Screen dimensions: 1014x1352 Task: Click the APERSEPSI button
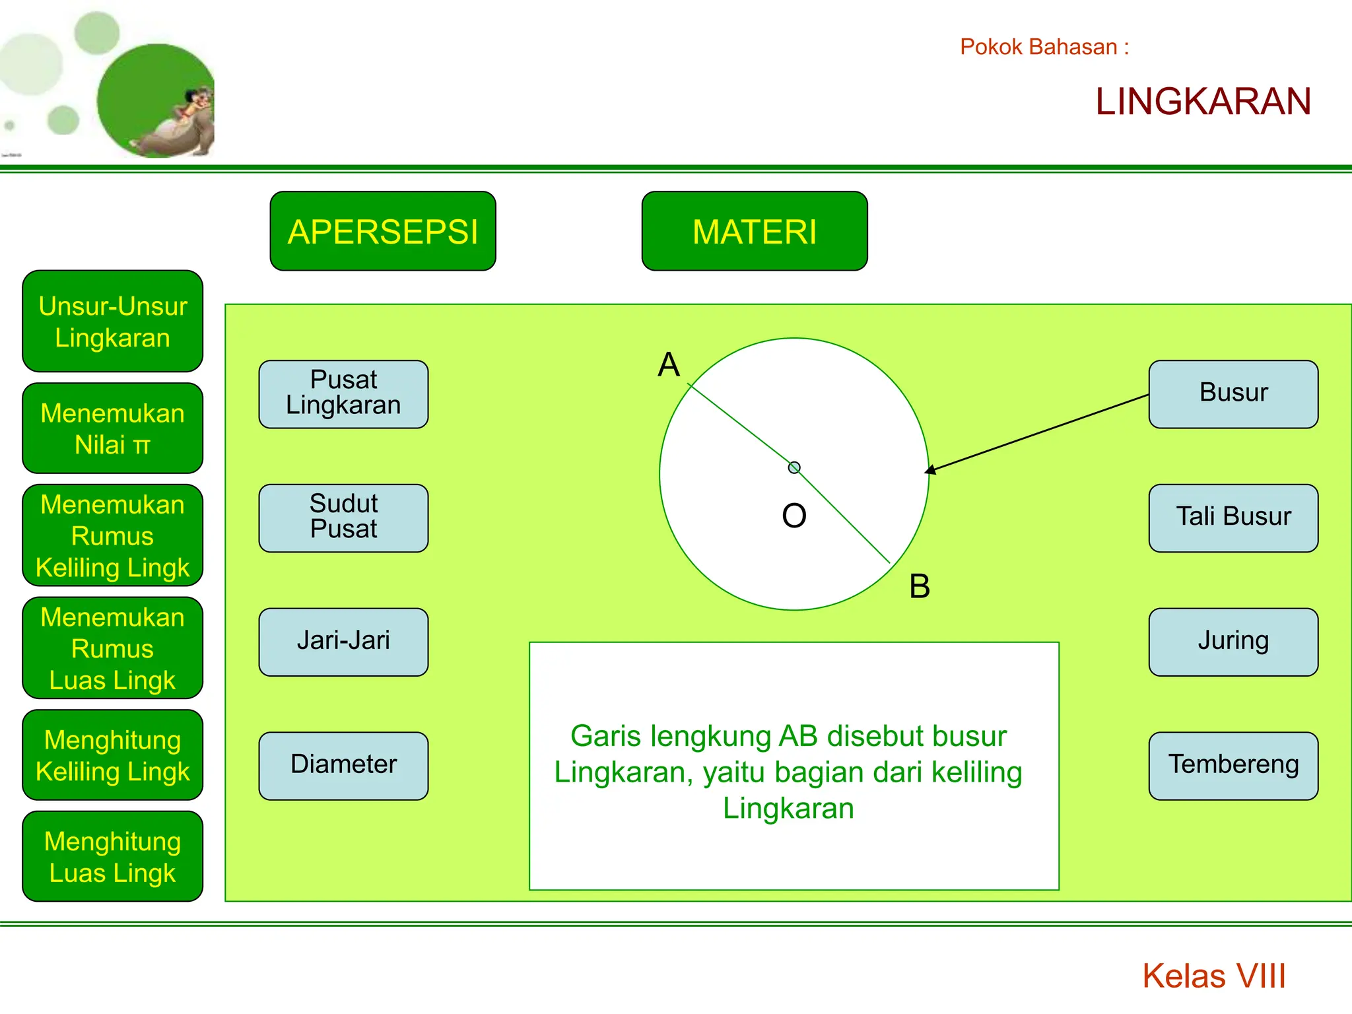click(383, 231)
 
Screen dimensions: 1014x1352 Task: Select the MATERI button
click(755, 231)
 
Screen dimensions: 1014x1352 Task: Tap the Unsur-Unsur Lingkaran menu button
click(113, 321)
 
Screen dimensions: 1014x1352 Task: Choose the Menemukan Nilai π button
click(113, 428)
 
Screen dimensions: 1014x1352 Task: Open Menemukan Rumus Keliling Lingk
click(113, 535)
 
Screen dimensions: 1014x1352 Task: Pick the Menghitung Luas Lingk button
click(113, 856)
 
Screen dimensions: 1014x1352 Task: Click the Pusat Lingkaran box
click(343, 394)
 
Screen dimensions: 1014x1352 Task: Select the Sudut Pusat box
click(343, 518)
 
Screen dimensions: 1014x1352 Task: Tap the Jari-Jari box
click(343, 642)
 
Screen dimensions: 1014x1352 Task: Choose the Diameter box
click(343, 766)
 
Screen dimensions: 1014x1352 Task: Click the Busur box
click(1233, 394)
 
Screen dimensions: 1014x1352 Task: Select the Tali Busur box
click(1233, 518)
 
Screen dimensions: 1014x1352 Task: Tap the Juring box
click(1233, 642)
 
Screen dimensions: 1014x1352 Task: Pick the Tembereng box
click(1233, 766)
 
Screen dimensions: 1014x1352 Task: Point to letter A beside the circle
click(669, 364)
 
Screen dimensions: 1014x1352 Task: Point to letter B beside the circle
click(920, 586)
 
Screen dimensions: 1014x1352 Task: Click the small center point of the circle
click(794, 467)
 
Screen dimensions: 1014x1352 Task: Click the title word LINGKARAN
click(1203, 102)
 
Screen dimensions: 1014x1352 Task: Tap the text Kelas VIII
click(1213, 976)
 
